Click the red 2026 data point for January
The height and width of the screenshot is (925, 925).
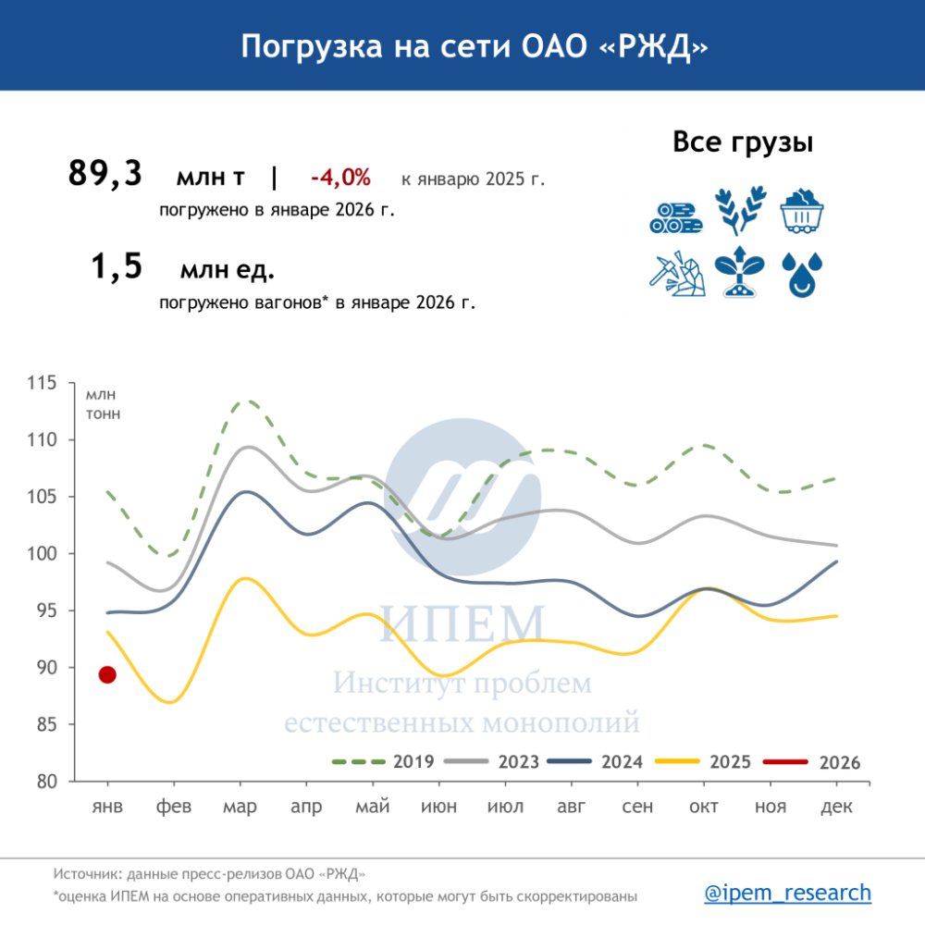pos(107,675)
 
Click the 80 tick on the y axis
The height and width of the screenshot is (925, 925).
pos(68,782)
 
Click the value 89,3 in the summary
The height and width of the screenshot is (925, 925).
pos(105,174)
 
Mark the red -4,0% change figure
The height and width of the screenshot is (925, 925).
pos(340,177)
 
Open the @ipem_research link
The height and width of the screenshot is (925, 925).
pos(787,893)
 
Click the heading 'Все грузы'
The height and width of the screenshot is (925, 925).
pos(743,143)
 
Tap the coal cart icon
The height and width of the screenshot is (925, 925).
pos(802,211)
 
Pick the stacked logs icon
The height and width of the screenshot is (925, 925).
pos(675,216)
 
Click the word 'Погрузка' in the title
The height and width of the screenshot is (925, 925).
pos(307,46)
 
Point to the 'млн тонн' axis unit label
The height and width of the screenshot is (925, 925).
pos(103,404)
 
